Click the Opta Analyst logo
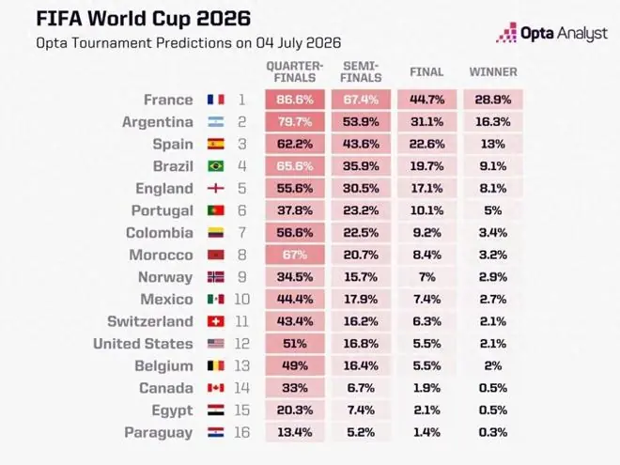[551, 33]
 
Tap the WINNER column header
[493, 72]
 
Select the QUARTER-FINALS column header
[295, 71]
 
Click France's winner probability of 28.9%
[493, 100]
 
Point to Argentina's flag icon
[216, 122]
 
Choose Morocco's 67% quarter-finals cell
[295, 255]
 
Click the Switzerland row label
[150, 321]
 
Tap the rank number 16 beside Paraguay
[242, 432]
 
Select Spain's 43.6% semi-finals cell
[361, 144]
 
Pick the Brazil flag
[216, 166]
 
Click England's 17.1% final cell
[427, 188]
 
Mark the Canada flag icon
[216, 388]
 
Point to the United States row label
[143, 344]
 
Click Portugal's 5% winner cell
[493, 210]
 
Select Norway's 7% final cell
[427, 277]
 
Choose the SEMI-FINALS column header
[361, 71]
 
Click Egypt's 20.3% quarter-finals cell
[295, 410]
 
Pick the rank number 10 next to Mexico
[242, 300]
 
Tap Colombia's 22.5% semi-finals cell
[361, 233]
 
